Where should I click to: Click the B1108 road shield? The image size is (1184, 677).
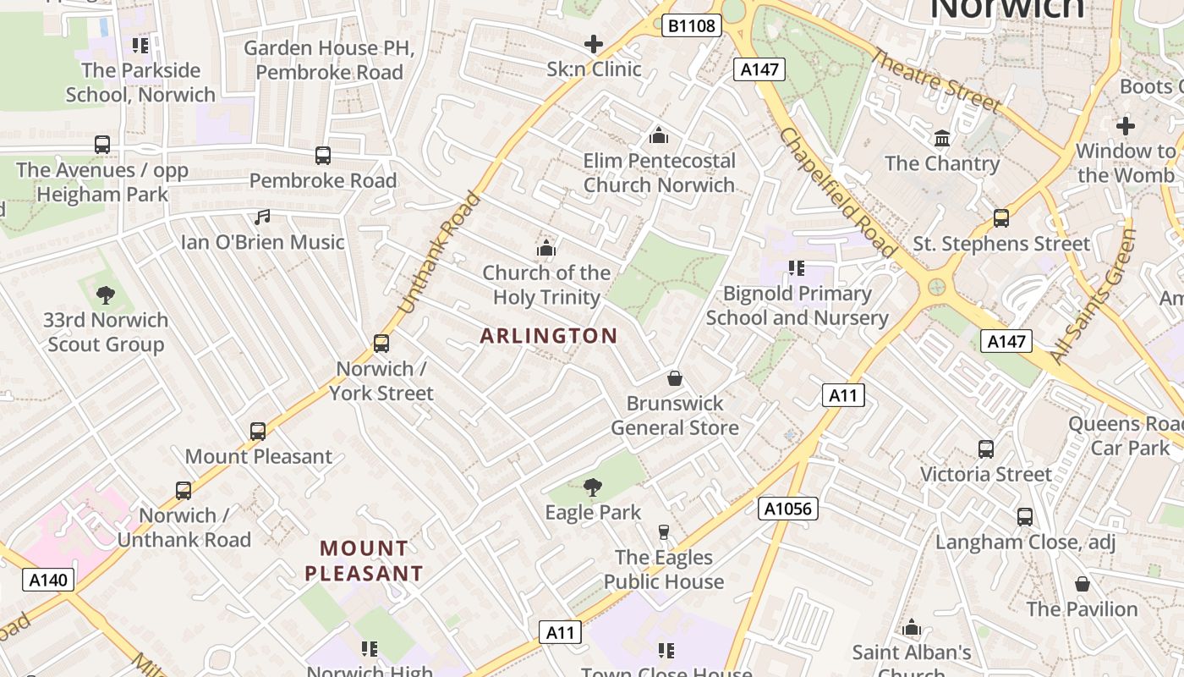click(x=691, y=25)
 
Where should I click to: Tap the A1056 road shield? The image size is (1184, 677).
click(x=789, y=508)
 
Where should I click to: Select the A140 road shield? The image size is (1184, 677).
click(x=48, y=580)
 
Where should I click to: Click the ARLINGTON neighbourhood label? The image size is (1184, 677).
click(x=549, y=336)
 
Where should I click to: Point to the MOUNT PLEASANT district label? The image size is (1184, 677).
click(x=364, y=561)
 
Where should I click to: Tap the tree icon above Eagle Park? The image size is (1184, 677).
click(x=593, y=487)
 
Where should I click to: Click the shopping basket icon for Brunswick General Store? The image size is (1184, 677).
click(x=675, y=377)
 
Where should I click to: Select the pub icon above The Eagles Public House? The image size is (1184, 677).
click(x=664, y=531)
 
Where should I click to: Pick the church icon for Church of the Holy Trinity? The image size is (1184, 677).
click(x=546, y=248)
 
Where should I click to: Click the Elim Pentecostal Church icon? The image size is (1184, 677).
click(x=659, y=135)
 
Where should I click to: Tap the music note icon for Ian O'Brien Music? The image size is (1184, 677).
click(x=262, y=217)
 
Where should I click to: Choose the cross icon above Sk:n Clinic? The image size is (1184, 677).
click(x=594, y=44)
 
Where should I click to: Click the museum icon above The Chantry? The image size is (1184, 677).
click(x=942, y=138)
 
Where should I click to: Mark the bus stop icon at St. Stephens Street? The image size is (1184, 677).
click(x=1001, y=218)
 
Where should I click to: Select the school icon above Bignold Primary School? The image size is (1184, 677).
click(x=796, y=268)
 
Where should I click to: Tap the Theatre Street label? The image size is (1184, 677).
click(x=935, y=80)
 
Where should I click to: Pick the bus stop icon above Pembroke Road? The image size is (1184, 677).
click(x=323, y=156)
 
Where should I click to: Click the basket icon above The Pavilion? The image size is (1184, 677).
click(x=1082, y=584)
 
